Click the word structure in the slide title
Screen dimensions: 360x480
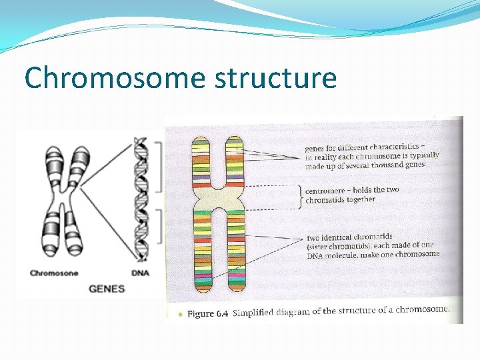point(275,78)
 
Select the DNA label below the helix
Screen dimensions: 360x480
point(141,272)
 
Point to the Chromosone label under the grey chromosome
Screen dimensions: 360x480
point(54,273)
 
